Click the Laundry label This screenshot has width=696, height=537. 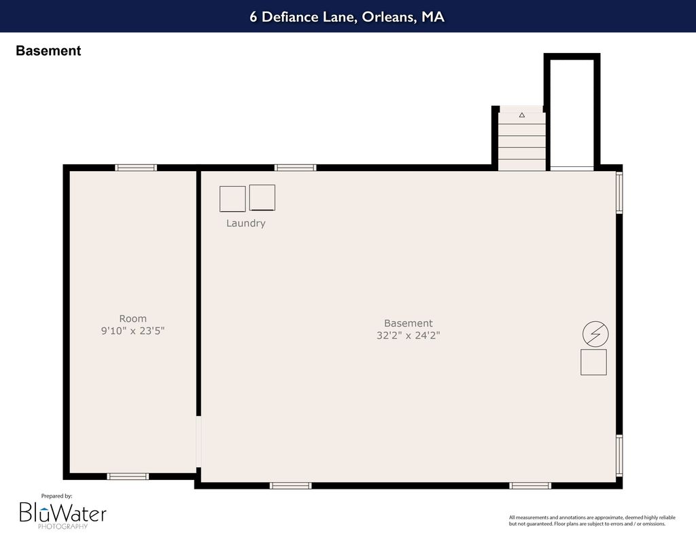245,223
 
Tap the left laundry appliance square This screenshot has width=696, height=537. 232,199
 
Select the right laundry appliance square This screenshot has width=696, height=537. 262,198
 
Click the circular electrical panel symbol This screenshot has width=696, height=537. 595,334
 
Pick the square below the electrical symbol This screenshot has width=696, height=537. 593,363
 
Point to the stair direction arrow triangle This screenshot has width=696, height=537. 522,115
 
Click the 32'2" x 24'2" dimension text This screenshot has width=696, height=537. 408,335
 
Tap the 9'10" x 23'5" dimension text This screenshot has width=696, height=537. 133,331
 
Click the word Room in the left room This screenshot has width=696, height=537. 133,318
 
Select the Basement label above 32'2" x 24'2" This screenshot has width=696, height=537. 408,323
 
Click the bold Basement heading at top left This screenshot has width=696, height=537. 48,50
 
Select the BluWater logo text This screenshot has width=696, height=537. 63,513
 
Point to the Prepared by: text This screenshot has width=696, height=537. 57,496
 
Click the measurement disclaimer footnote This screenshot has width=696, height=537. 592,521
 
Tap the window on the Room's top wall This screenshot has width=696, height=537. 136,168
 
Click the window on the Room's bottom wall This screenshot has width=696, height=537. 128,477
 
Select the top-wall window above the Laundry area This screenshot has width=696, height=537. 295,168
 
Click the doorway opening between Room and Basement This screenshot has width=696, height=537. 198,441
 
